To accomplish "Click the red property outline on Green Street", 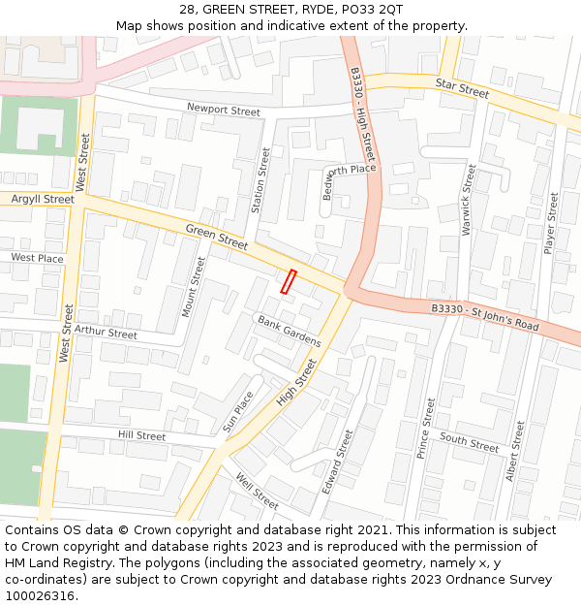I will coord(288,281).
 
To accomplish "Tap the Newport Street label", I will coord(224,111).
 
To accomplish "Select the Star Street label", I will coord(462,89).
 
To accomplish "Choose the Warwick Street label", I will coord(469,202).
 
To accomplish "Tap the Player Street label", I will coord(551,223).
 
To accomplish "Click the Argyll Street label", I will coord(43,199).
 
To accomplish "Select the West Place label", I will coord(38,258).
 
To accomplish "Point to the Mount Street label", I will coord(195,287).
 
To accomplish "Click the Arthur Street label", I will coord(107,333).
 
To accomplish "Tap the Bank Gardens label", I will coord(289,332).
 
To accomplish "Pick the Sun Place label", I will coord(237,411).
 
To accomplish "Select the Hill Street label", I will coord(142,435).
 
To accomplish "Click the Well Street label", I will coord(257,491).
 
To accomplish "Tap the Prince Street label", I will coord(425,428).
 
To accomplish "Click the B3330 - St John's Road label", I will coord(485,317).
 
